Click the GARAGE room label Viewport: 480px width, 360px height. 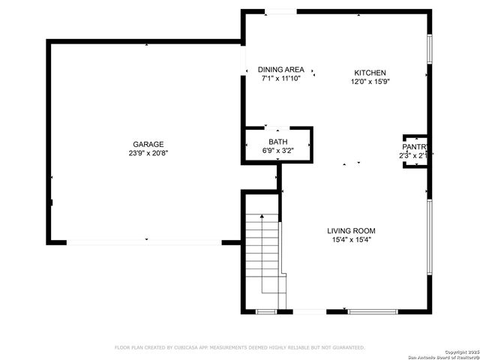click(148, 144)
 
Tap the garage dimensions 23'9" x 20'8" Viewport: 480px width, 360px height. click(148, 153)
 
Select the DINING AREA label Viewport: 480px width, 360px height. click(281, 69)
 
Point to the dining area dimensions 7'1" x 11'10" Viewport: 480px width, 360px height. click(281, 78)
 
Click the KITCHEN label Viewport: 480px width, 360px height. click(370, 73)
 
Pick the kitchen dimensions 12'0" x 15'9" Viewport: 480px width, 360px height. click(370, 82)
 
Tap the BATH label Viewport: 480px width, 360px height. click(277, 142)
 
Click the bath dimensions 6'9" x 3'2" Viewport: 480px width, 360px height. click(277, 150)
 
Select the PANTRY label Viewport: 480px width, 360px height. click(415, 147)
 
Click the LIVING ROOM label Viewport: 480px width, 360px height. click(351, 231)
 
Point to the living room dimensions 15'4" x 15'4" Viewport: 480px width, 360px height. click(351, 240)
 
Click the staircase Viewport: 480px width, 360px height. click(262, 255)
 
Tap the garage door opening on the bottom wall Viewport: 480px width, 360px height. click(144, 242)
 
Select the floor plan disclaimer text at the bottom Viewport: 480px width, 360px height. click(239, 348)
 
